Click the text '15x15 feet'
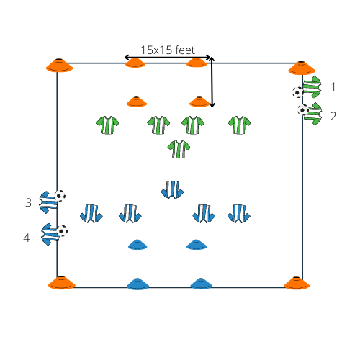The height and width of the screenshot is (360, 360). point(168,50)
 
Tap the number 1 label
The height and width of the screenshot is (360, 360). point(333,86)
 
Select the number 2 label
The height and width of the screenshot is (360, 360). point(333,116)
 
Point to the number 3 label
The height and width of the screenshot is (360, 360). point(28,202)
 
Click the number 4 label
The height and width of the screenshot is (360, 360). point(27,238)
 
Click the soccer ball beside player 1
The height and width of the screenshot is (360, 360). point(298,92)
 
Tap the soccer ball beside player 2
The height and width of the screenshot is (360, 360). point(303,110)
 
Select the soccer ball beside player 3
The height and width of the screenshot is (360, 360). point(60,196)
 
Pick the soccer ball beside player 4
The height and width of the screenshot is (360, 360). point(62,231)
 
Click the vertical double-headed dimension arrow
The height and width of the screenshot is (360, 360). point(212,82)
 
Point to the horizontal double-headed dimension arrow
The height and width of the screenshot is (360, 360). point(168,58)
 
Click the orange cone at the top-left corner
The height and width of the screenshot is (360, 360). point(59,66)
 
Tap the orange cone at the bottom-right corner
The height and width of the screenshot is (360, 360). point(297,283)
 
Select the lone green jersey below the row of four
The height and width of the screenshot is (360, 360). point(179,149)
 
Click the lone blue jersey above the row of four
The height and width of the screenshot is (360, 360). point(172,189)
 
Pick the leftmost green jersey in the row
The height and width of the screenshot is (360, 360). point(107,125)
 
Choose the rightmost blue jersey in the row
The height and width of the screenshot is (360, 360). point(239,214)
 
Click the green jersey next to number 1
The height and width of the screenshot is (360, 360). point(312,87)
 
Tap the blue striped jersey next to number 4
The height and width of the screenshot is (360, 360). point(50,235)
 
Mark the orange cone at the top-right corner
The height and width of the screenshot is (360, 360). point(302,68)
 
